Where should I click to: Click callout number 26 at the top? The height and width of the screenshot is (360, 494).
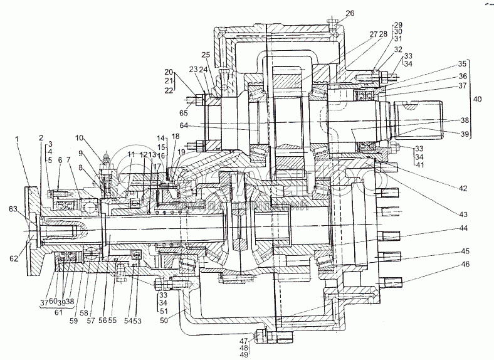[350, 13]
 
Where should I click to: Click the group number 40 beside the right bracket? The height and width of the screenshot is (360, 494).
[478, 99]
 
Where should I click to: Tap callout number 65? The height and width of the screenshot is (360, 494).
[183, 114]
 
